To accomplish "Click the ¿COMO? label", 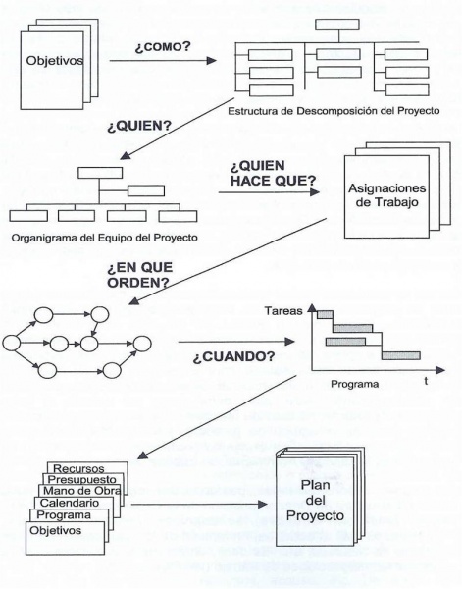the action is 163,47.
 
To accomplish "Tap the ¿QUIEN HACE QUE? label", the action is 273,173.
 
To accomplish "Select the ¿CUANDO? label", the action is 233,356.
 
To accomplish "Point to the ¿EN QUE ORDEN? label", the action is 139,275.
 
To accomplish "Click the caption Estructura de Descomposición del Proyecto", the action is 334,111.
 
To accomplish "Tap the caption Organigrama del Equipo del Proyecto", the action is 105,238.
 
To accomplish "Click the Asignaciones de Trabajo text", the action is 386,195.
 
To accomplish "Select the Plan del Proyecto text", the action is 315,500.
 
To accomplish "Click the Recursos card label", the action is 78,468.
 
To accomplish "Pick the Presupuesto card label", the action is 82,479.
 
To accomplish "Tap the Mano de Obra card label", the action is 81,491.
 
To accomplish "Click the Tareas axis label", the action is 283,311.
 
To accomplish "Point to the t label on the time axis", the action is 426,381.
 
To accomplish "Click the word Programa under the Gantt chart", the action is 355,384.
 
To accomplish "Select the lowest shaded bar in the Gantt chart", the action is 401,355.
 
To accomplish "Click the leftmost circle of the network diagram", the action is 11,343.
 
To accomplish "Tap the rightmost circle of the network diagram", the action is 142,344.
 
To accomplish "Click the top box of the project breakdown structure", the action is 337,25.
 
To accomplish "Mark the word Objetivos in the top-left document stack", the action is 55,60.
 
